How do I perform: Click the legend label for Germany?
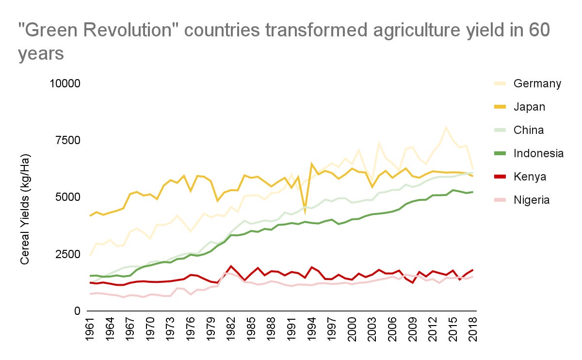[537, 83]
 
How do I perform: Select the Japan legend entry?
[529, 107]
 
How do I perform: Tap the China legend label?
[528, 130]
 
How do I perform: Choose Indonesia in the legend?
[538, 153]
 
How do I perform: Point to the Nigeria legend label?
[532, 200]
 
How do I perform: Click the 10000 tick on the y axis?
[65, 83]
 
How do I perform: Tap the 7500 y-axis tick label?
[67, 140]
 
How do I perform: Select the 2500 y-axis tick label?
[67, 254]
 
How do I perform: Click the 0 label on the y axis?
[77, 311]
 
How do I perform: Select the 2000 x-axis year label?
[352, 331]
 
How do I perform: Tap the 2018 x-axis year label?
[473, 331]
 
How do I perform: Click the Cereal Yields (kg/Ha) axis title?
[25, 209]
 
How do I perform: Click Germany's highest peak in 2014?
[446, 128]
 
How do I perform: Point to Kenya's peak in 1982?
[231, 266]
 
